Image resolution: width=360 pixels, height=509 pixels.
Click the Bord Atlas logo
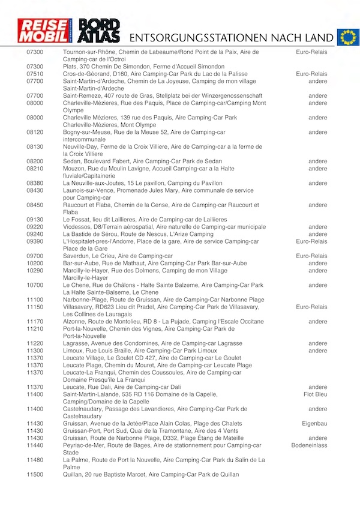(100, 31)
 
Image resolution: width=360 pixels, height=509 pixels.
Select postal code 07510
(35, 74)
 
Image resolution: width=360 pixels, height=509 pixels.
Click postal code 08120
(35, 132)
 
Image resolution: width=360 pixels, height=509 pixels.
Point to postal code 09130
(35, 220)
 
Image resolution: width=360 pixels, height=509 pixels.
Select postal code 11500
(35, 474)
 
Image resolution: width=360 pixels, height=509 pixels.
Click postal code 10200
(35, 263)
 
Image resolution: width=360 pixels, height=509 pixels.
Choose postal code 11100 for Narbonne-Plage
(35, 300)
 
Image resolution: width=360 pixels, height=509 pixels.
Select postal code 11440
(35, 445)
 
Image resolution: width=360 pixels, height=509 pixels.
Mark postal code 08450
(35, 205)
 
